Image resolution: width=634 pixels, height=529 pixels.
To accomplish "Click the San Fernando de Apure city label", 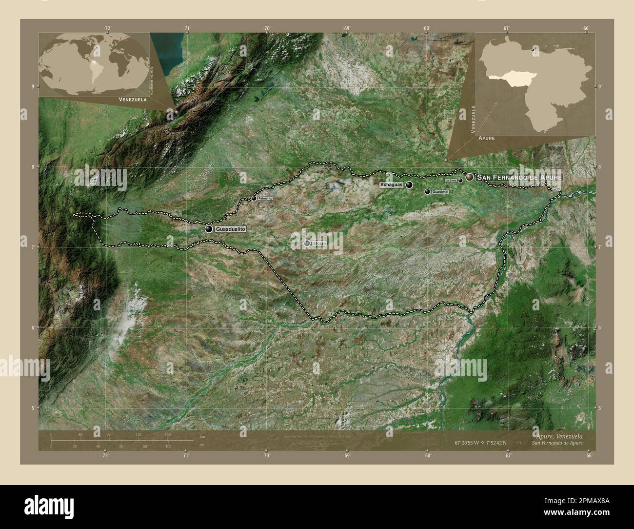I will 519,177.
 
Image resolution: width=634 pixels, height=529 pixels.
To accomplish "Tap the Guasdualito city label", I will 231,228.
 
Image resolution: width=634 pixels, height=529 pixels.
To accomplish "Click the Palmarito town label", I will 265,199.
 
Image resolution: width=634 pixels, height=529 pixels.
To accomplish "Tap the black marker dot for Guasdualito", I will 209,229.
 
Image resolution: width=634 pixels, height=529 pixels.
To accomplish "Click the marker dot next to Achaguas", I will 409,185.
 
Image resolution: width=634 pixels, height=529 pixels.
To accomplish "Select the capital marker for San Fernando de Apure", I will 469,178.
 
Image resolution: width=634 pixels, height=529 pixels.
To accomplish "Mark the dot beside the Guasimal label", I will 428,192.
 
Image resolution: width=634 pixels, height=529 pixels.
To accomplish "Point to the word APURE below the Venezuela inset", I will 486,139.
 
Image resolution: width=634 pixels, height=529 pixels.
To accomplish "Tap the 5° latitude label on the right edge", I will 599,408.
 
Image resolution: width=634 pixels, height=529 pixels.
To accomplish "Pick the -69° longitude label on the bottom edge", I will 346,456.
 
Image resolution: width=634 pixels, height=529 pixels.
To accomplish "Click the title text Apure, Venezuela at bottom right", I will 557,435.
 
